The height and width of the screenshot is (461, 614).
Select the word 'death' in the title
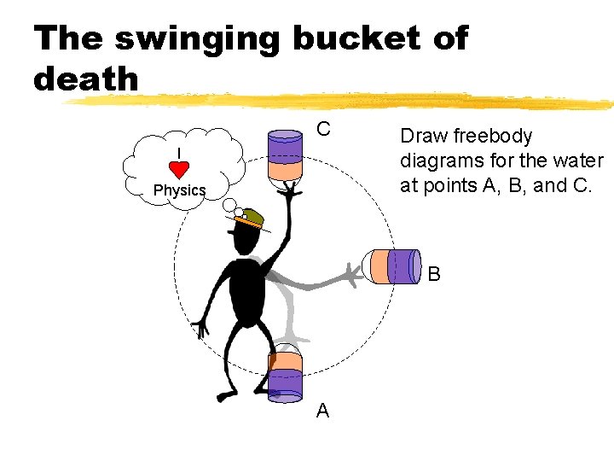85,79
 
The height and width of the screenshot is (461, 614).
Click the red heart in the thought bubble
179,169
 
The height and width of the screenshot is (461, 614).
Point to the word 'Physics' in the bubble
179,190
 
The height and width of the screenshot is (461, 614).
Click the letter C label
323,130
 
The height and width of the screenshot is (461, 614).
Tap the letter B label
434,275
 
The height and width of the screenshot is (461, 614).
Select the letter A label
322,411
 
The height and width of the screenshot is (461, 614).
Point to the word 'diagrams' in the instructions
440,160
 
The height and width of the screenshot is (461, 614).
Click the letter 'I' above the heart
178,153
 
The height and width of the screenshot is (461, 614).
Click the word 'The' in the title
69,39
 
